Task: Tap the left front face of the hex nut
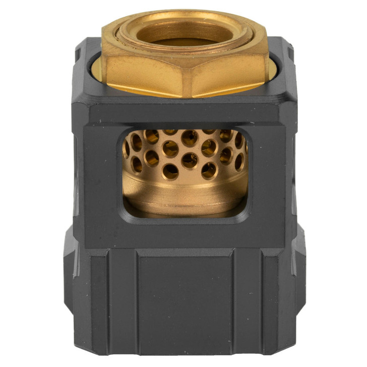tap(146, 76)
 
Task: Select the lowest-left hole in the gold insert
tap(170, 171)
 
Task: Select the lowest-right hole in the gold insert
tap(209, 170)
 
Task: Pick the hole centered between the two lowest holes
tap(190, 160)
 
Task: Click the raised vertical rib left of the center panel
tap(121, 302)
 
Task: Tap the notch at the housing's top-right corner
tap(288, 50)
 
